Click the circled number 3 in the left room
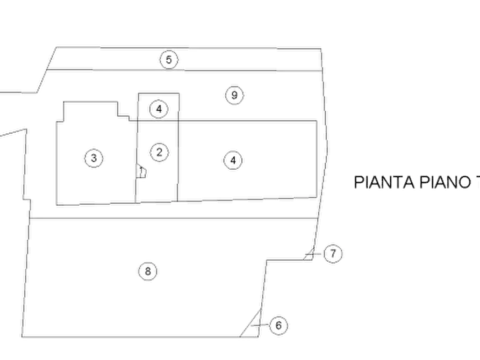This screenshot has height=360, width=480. [95, 159]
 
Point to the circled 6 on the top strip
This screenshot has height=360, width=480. [168, 60]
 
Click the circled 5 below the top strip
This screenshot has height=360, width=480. [234, 95]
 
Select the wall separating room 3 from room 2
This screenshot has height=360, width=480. [134, 161]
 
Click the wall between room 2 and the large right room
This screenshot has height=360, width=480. [177, 161]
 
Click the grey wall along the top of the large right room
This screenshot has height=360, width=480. [247, 116]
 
